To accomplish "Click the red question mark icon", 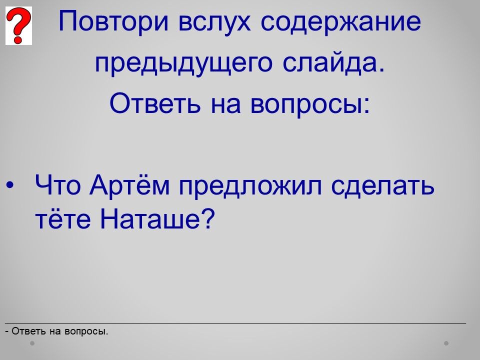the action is coord(18,25).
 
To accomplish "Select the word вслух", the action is coord(214,22).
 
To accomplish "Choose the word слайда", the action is coord(333,62).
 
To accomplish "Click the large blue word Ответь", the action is coord(155,102).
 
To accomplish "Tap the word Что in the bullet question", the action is coord(58,185).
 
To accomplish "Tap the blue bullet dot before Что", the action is coord(10,185).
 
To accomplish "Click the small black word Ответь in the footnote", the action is coord(29,331).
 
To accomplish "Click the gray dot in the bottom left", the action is coord(32,343).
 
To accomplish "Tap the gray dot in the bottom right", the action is coord(446,343).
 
